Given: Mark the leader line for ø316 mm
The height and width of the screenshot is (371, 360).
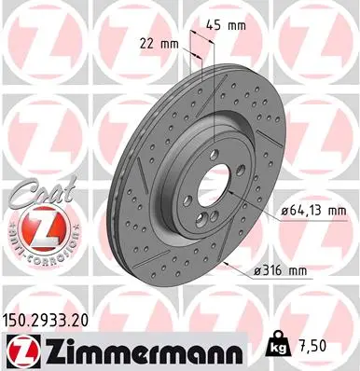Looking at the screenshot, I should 239,265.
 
